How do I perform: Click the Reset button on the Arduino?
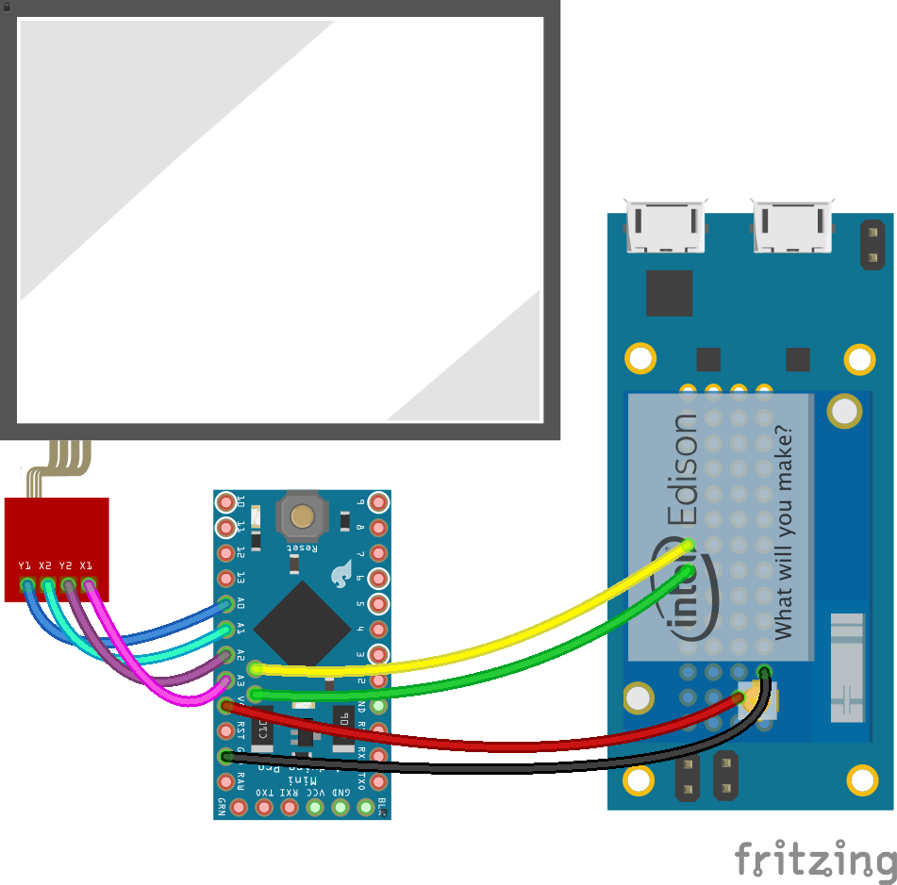[x=302, y=516]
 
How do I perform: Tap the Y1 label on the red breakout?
[x=25, y=565]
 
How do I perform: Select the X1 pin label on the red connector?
[x=87, y=565]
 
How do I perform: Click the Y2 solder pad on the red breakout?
[x=68, y=585]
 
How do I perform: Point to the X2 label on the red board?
[x=45, y=565]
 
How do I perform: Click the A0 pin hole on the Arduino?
[x=225, y=603]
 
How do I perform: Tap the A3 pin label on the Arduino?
[x=241, y=679]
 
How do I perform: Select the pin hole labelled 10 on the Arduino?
[x=225, y=501]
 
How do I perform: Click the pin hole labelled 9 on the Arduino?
[x=378, y=501]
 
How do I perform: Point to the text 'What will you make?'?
[x=782, y=532]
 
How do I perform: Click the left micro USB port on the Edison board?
[x=668, y=226]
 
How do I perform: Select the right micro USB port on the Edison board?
[x=793, y=226]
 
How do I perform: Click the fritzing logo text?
[x=815, y=859]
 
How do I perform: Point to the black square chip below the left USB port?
[x=669, y=293]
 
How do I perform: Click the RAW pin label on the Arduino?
[x=241, y=780]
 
